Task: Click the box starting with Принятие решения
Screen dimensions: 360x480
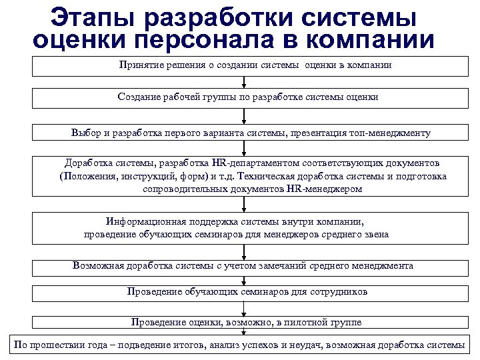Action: [x=245, y=66]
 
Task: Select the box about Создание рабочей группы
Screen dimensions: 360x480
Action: [x=245, y=98]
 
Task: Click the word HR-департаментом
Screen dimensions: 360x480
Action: [x=265, y=163]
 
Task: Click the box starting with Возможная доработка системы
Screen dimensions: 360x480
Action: [x=245, y=266]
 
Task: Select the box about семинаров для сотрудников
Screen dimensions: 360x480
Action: [x=245, y=292]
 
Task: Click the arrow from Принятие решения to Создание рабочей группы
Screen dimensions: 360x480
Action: [x=245, y=82]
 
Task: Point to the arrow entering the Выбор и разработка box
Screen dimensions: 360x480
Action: [x=245, y=116]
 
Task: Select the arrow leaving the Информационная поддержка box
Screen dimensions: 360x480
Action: [x=245, y=250]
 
